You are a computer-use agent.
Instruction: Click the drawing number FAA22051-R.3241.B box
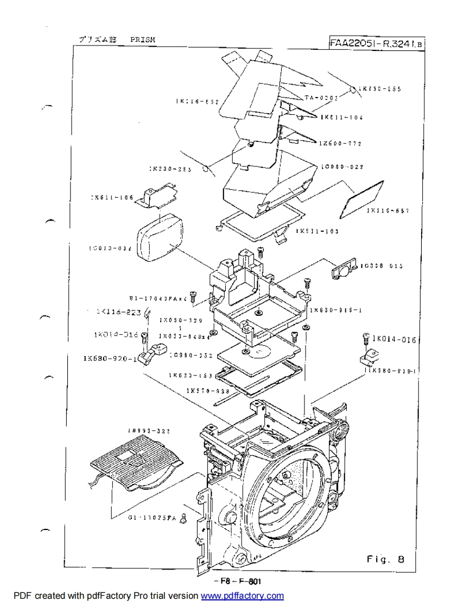pos(377,43)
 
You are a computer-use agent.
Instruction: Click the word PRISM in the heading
pos(142,40)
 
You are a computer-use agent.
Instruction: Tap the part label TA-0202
pos(321,98)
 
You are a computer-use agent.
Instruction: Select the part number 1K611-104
pos(341,117)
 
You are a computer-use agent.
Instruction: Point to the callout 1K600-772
pos(340,144)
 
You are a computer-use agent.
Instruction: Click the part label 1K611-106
pos(112,197)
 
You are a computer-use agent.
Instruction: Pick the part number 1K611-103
pos(317,231)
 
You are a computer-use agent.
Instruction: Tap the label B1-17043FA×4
pos(158,298)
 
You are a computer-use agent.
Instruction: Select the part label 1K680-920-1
pos(110,358)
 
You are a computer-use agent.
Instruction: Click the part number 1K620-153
pos(190,375)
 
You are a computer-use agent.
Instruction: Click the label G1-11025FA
pos(152,518)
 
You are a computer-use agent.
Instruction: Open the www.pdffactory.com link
pos(242,596)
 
